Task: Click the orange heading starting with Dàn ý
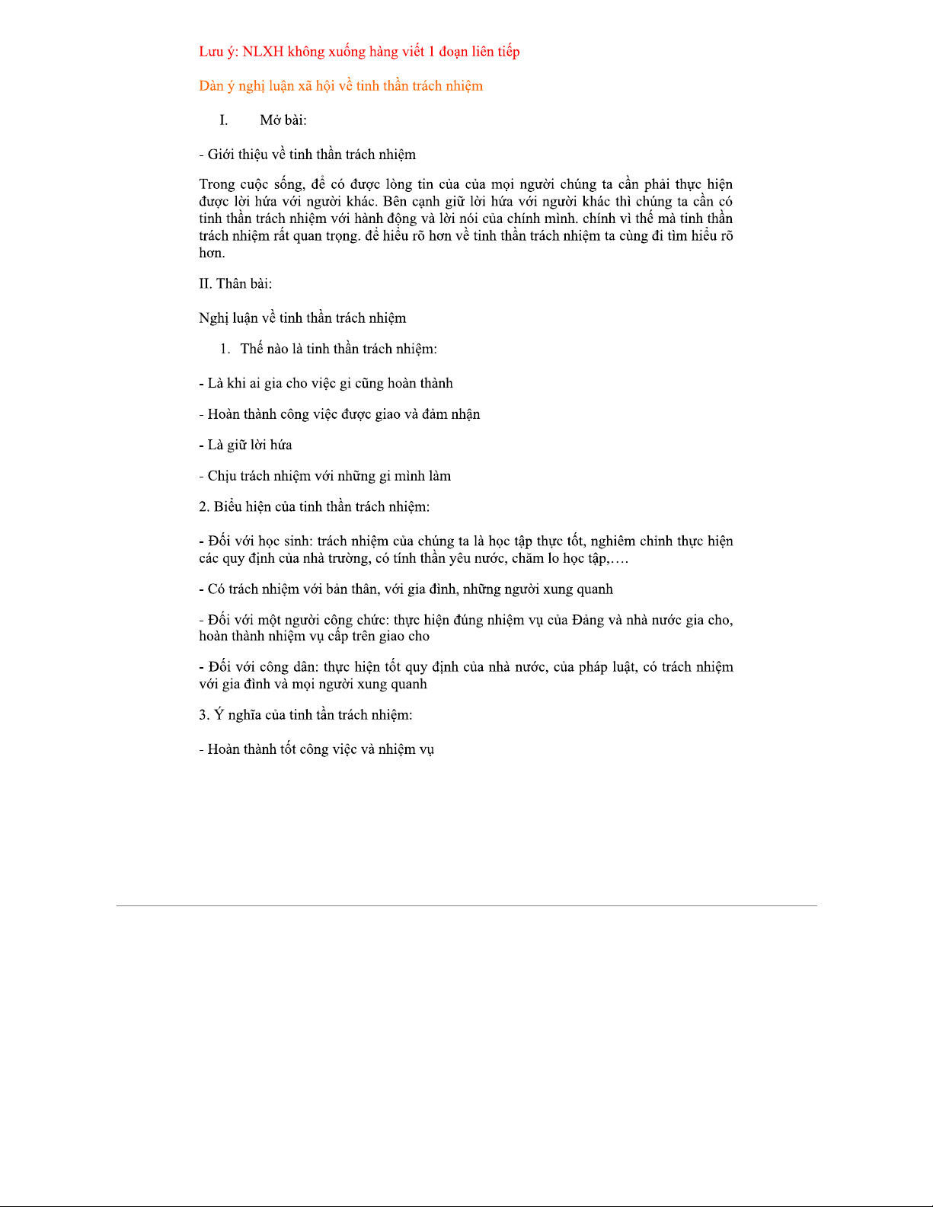(340, 86)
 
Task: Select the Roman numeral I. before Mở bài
(224, 120)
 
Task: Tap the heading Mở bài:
(283, 120)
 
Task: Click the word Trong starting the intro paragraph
(216, 184)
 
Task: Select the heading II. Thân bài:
(235, 284)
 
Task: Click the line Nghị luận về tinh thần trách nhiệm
(302, 318)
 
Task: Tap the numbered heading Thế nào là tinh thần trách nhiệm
(338, 349)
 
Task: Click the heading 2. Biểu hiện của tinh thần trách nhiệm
(314, 507)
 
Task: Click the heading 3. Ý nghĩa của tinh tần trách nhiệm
(305, 715)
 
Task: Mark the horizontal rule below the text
(466, 905)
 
